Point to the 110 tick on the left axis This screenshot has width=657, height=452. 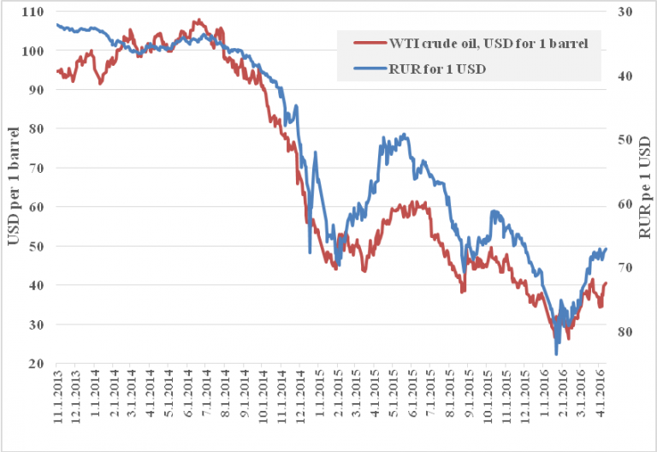(36, 12)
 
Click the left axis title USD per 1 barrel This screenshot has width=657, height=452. (13, 187)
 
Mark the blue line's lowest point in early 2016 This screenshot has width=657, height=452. (556, 354)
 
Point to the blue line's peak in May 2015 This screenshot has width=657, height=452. (404, 134)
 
